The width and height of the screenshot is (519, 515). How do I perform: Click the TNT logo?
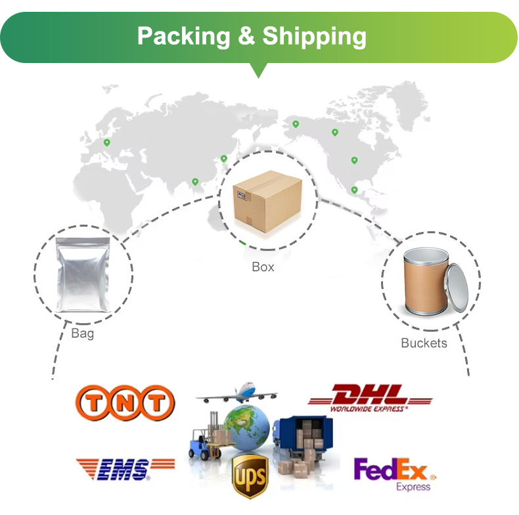(x=125, y=403)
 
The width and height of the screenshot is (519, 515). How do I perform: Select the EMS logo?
(x=125, y=468)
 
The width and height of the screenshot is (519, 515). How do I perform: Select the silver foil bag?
(x=83, y=274)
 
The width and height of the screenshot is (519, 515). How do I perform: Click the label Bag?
(x=82, y=334)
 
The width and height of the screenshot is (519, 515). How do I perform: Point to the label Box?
(x=263, y=267)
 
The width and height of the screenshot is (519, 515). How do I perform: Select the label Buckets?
(x=424, y=343)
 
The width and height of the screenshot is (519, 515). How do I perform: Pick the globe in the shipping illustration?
(x=247, y=428)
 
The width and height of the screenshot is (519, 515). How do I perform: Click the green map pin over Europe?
(x=106, y=143)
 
